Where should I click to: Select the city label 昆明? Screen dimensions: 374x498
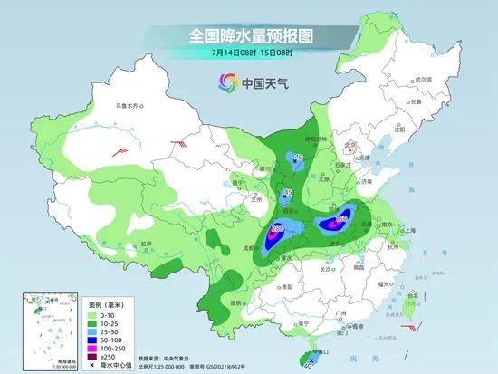[x=238, y=300]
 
